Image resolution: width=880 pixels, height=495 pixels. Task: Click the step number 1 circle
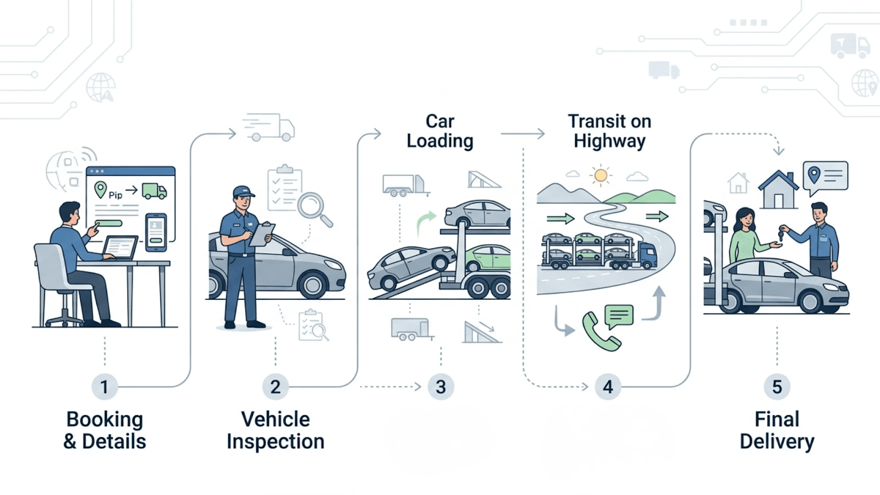pos(104,387)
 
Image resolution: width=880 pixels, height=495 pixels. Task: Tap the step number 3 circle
pos(441,387)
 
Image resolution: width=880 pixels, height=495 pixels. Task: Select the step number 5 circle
pos(777,387)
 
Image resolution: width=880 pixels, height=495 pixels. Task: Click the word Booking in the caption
pos(105,419)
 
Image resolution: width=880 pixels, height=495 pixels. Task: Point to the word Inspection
pos(275,442)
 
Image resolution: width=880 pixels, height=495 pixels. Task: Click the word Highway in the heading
pos(609,141)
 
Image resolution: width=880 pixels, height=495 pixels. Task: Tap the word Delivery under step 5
pos(777,442)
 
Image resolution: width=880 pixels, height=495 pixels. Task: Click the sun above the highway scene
pos(601,175)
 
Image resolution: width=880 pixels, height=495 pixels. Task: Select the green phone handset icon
pos(600,332)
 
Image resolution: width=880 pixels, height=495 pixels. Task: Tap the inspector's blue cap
pos(243,192)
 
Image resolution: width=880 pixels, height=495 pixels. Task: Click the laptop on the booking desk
pos(120,248)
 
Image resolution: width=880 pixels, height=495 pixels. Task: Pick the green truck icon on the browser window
pos(154,191)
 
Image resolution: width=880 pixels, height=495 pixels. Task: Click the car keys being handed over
pos(781,234)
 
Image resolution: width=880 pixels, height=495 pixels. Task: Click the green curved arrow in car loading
pos(425,222)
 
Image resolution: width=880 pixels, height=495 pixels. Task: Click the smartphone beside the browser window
pos(156,232)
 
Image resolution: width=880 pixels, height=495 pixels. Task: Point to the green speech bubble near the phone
pos(619,316)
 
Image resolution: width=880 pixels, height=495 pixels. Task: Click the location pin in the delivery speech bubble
pos(814,175)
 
